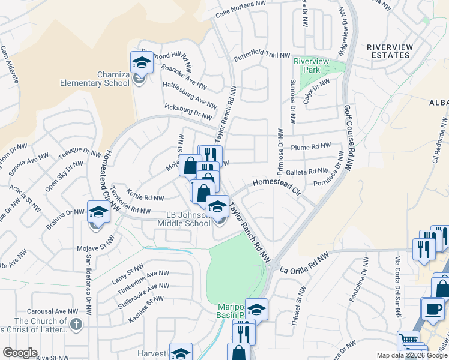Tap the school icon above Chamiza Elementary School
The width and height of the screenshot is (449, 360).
[x=142, y=62]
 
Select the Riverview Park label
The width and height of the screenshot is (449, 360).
[x=311, y=65]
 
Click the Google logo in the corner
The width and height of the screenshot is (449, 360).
[x=20, y=352]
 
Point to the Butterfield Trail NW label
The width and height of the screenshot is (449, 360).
[x=262, y=55]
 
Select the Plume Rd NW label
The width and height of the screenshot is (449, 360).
[x=311, y=146]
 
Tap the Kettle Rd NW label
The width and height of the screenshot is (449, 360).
[x=146, y=197]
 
